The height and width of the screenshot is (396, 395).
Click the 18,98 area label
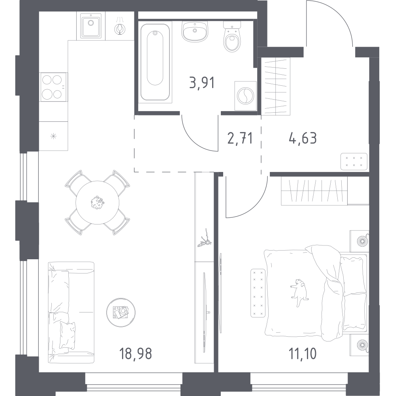(x=135, y=353)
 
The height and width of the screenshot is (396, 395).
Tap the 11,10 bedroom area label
(x=303, y=353)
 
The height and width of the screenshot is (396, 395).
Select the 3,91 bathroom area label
(x=202, y=83)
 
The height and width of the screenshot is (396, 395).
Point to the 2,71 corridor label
(x=240, y=138)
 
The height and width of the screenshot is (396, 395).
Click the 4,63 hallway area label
(x=303, y=138)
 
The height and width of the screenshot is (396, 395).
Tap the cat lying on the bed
(x=299, y=291)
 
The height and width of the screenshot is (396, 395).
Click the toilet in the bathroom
(x=232, y=37)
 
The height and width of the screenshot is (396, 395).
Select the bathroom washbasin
(x=195, y=32)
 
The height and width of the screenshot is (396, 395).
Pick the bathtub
(x=155, y=62)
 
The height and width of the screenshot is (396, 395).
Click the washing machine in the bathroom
(x=245, y=96)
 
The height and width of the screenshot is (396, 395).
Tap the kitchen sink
(x=90, y=26)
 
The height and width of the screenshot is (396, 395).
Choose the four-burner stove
(x=53, y=87)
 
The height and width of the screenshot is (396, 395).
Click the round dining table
(x=98, y=203)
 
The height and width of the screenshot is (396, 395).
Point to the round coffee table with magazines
(x=121, y=312)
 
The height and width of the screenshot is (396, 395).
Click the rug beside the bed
(x=258, y=293)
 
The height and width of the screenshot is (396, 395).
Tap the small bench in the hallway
(x=354, y=162)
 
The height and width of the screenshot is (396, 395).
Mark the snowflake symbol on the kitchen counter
(x=53, y=136)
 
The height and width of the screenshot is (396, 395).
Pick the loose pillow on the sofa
(x=68, y=335)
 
